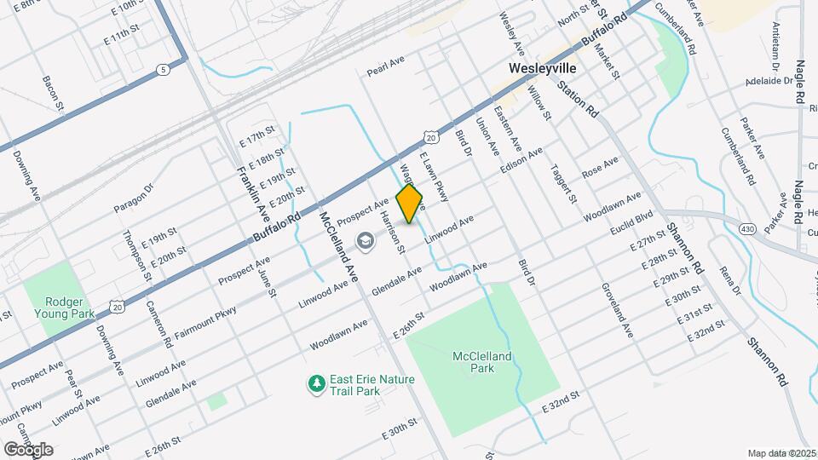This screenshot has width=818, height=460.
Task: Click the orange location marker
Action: click(410, 203)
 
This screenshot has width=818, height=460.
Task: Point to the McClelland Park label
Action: click(484, 363)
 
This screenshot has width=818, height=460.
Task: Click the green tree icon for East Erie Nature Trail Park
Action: click(317, 384)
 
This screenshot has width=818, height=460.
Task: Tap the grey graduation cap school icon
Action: click(366, 241)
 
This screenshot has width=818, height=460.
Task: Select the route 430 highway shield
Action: click(747, 228)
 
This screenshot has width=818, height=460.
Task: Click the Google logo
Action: click(27, 449)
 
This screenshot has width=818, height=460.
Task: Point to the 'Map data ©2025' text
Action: click(781, 453)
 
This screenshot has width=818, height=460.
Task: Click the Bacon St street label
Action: click(53, 93)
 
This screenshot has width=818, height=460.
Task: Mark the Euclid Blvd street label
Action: click(631, 223)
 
